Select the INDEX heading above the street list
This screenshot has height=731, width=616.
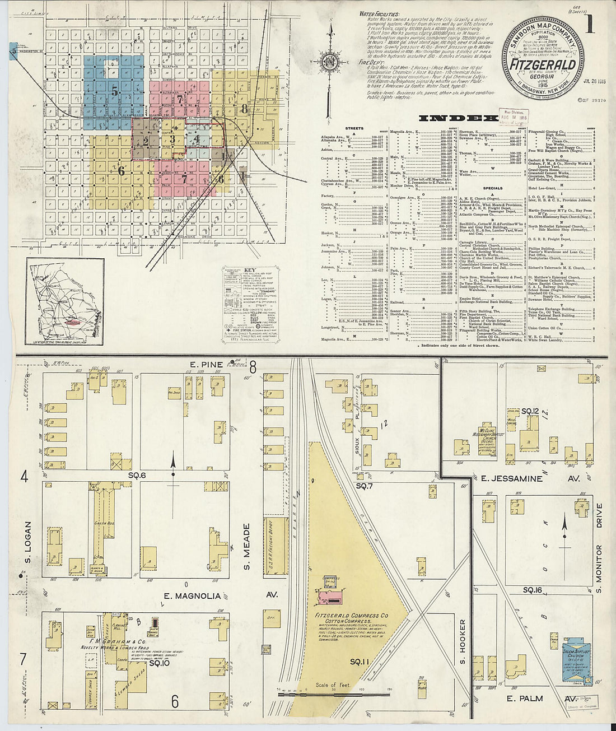pyautogui.click(x=458, y=118)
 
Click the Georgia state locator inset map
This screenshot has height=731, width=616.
pyautogui.click(x=64, y=302)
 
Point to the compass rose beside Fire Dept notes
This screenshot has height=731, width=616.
pyautogui.click(x=331, y=60)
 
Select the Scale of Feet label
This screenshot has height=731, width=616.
pyautogui.click(x=333, y=685)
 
